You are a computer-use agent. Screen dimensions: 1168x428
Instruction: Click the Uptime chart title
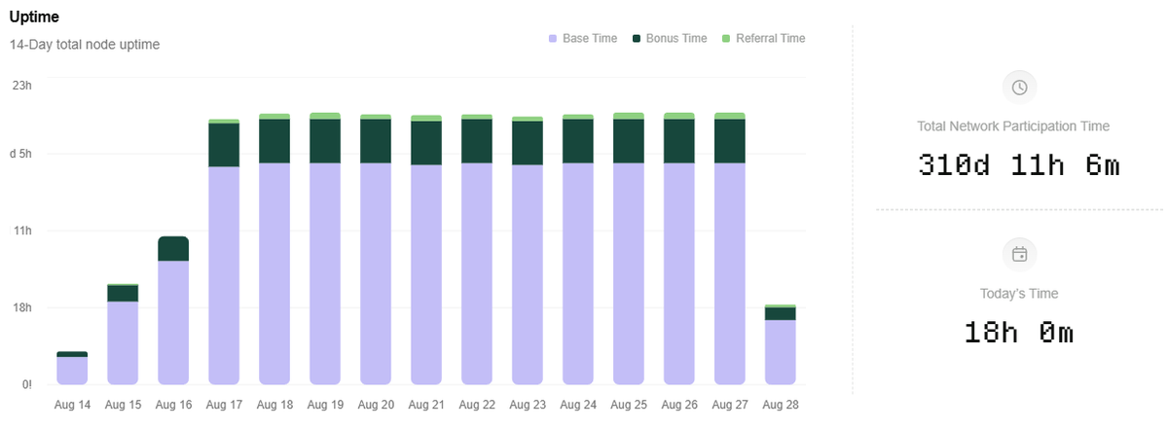pyautogui.click(x=34, y=17)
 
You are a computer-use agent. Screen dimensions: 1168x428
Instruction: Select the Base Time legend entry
pyautogui.click(x=583, y=38)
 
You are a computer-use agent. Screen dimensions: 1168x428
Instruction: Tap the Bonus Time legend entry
pyautogui.click(x=670, y=38)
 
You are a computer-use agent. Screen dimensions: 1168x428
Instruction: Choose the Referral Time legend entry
pyautogui.click(x=763, y=38)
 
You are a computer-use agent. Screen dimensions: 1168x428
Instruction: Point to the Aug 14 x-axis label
pyautogui.click(x=72, y=405)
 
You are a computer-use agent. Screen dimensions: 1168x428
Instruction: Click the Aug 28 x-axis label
pyautogui.click(x=781, y=405)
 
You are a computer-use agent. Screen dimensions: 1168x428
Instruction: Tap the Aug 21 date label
pyautogui.click(x=426, y=405)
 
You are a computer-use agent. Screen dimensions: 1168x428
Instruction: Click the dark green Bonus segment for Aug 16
pyautogui.click(x=173, y=249)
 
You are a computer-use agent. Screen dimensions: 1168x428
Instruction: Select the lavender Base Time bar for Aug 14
pyautogui.click(x=72, y=371)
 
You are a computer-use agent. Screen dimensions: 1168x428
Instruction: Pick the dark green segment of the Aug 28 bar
pyautogui.click(x=780, y=313)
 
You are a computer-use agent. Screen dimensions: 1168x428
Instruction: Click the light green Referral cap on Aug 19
pyautogui.click(x=325, y=116)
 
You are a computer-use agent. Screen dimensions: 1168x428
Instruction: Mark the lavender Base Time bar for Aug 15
pyautogui.click(x=123, y=343)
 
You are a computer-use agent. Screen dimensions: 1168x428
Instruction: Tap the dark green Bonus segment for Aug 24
pyautogui.click(x=578, y=141)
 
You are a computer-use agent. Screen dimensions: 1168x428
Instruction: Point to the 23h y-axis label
pyautogui.click(x=21, y=86)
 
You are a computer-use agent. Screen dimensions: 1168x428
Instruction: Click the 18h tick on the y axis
pyautogui.click(x=21, y=307)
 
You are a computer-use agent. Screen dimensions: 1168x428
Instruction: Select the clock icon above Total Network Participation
pyautogui.click(x=1019, y=88)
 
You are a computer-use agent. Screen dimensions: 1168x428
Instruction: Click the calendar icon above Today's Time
pyautogui.click(x=1019, y=255)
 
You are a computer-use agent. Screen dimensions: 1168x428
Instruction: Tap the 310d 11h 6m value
pyautogui.click(x=1019, y=165)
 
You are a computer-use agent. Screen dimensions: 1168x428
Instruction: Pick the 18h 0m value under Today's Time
pyautogui.click(x=1019, y=333)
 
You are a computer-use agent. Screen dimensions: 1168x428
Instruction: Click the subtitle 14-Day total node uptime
pyautogui.click(x=85, y=45)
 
